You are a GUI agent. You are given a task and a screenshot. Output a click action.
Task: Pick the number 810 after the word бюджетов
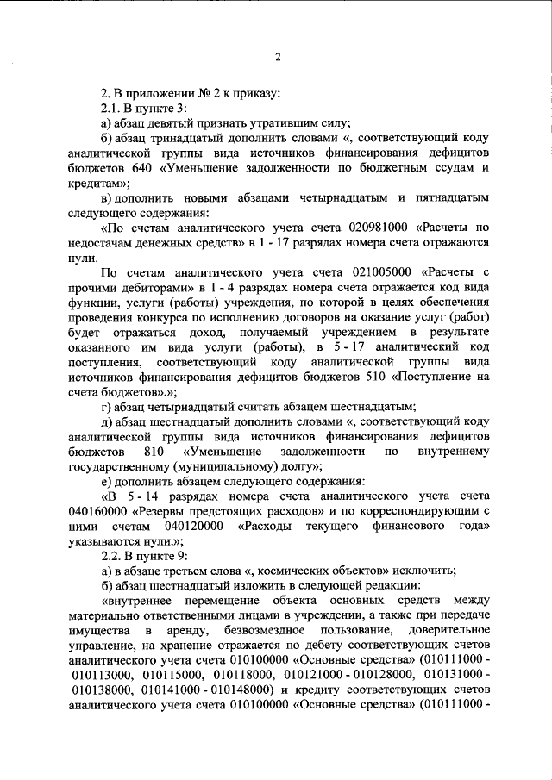154,452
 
